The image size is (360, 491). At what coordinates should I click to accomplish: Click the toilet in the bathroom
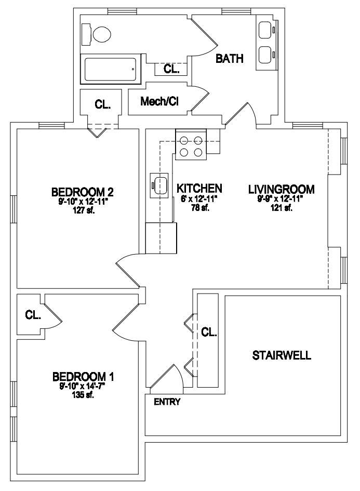click(97, 34)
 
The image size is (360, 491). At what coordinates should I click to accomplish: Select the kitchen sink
click(159, 185)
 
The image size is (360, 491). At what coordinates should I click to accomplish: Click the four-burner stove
click(191, 144)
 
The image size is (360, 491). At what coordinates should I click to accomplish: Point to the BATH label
click(230, 59)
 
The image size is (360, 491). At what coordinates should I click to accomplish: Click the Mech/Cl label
click(159, 101)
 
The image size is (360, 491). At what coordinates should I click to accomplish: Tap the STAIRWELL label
click(282, 355)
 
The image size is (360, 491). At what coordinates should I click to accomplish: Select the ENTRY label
click(167, 402)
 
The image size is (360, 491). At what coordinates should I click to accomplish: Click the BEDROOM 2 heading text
click(82, 191)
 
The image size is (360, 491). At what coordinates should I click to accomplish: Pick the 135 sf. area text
click(83, 395)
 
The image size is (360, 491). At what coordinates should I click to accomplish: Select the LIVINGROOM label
click(282, 189)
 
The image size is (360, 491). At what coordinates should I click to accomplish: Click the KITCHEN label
click(199, 188)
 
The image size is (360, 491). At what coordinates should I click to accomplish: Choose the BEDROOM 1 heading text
click(83, 376)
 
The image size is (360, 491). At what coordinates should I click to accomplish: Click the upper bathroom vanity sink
click(266, 30)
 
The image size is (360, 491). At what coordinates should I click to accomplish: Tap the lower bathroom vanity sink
click(266, 55)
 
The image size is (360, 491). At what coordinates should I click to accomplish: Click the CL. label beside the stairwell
click(209, 331)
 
